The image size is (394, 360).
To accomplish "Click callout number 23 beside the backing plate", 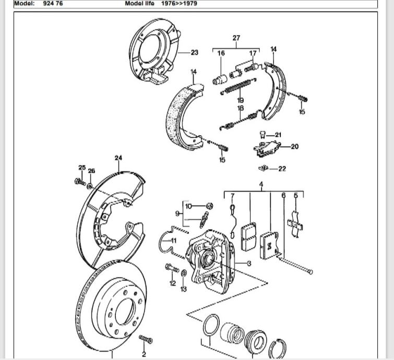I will pyautogui.click(x=195, y=52).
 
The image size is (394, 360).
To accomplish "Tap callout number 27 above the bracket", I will pyautogui.click(x=236, y=38).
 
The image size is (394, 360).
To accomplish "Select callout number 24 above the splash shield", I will pyautogui.click(x=118, y=158).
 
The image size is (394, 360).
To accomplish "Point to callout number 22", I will pyautogui.click(x=282, y=169).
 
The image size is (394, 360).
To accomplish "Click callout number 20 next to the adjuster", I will pyautogui.click(x=294, y=147).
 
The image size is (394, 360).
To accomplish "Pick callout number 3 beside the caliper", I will pyautogui.click(x=249, y=263).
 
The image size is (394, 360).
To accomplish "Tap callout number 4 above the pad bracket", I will pyautogui.click(x=261, y=184).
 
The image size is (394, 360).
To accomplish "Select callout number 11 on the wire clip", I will pyautogui.click(x=174, y=240).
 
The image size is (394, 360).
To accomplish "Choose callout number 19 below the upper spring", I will pyautogui.click(x=240, y=100).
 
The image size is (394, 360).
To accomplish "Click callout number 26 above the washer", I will pyautogui.click(x=92, y=171).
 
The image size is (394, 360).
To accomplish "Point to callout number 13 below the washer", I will pyautogui.click(x=184, y=289).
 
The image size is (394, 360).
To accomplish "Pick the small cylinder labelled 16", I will pyautogui.click(x=219, y=80).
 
